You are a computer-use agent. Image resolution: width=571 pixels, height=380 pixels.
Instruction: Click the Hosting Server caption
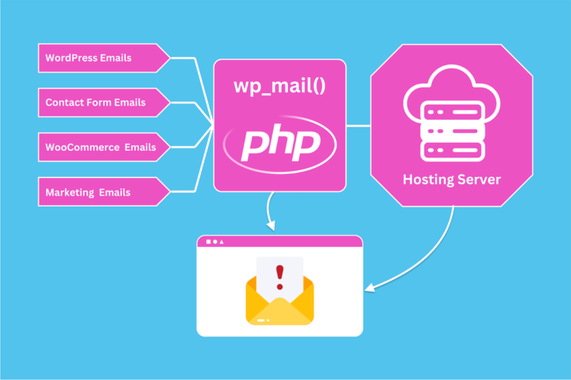(x=451, y=179)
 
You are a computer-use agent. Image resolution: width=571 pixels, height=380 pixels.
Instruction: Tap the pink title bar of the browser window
(x=280, y=242)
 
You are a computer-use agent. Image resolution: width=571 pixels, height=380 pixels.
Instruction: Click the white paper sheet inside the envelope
(x=280, y=268)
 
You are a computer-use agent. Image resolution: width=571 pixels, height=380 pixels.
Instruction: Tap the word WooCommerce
(x=82, y=147)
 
